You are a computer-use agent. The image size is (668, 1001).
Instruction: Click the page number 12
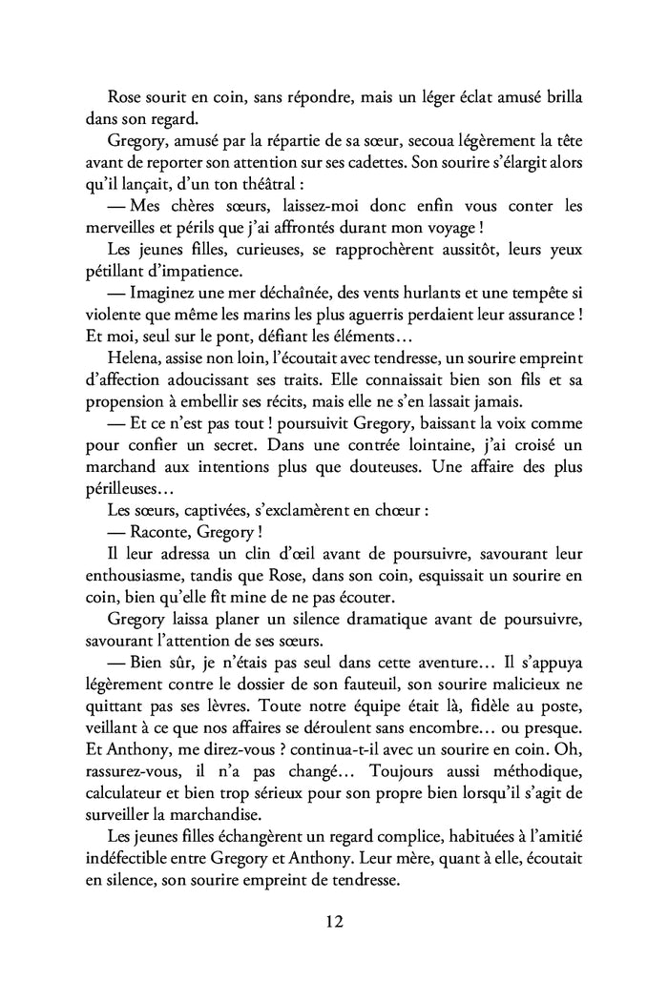click(x=334, y=922)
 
